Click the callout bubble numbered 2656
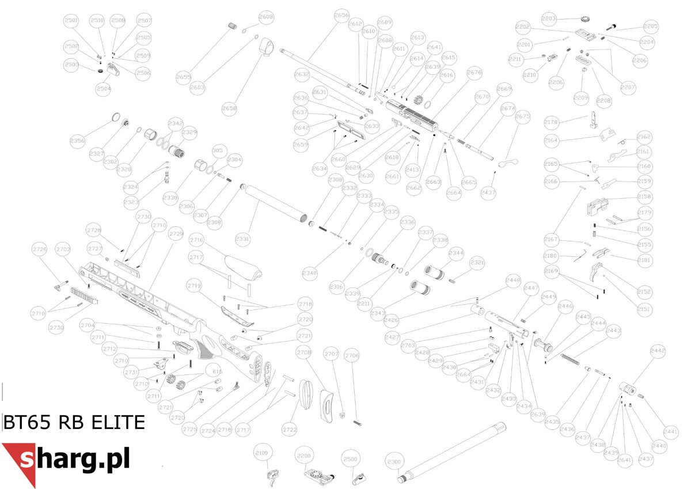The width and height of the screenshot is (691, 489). point(341,16)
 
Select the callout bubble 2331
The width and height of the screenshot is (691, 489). point(242,238)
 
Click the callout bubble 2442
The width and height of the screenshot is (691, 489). point(658,350)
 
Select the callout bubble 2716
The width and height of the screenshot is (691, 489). point(196,240)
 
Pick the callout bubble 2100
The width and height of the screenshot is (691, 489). point(261,454)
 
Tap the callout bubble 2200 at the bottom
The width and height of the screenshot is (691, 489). point(304,456)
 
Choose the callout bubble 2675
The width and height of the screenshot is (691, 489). point(522,117)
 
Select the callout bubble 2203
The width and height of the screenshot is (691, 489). point(549,19)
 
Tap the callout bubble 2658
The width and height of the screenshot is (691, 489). point(229,109)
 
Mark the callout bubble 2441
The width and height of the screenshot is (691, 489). point(671,431)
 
